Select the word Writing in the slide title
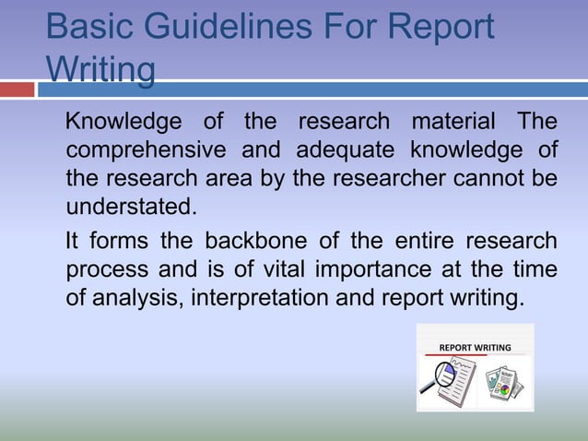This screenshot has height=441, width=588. click(100, 70)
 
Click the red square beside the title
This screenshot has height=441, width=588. click(17, 89)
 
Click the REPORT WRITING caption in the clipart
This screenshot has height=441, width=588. click(474, 348)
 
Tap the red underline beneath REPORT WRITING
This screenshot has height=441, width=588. click(474, 355)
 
